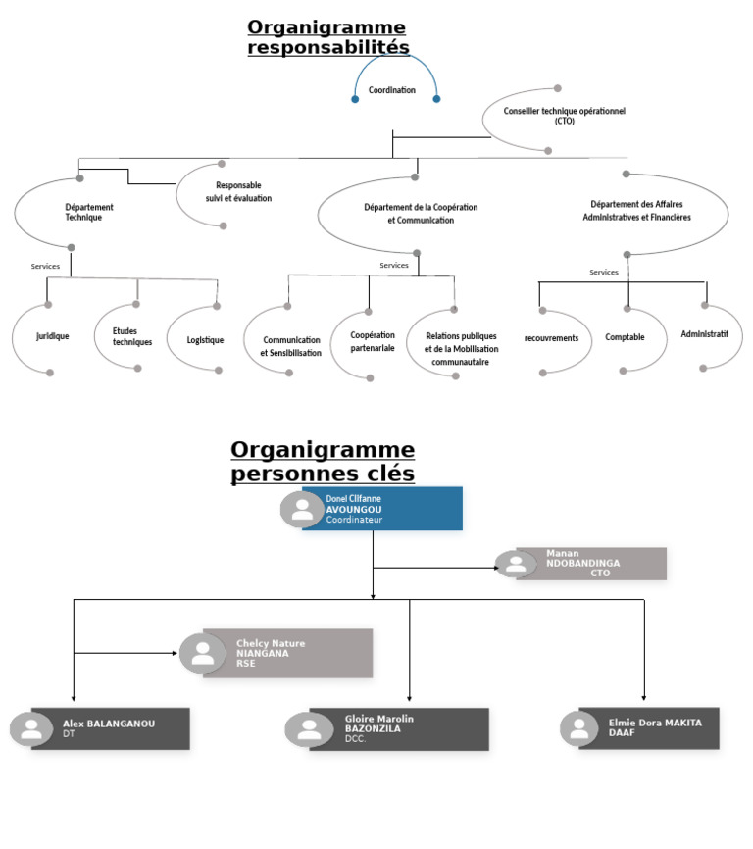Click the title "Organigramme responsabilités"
[x=327, y=37]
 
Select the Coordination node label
[x=392, y=90]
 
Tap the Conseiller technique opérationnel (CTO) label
[x=564, y=116]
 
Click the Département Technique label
[x=89, y=212]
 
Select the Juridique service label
[x=53, y=336]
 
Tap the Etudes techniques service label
[x=132, y=337]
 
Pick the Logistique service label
[x=205, y=340]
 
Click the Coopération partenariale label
[x=373, y=341]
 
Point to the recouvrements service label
[x=551, y=338]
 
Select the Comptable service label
[x=625, y=337]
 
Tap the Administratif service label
[x=704, y=334]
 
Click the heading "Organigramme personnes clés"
[x=323, y=462]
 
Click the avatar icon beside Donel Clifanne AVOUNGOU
[x=302, y=510]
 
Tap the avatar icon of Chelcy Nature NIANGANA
[x=203, y=654]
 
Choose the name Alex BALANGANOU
[x=109, y=724]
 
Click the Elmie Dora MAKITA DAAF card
[x=647, y=728]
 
